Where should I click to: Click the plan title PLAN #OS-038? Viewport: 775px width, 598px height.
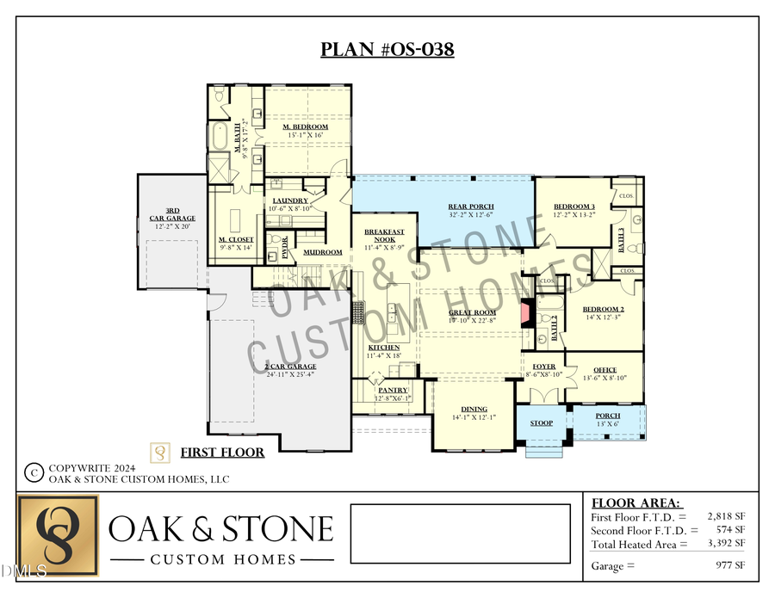(x=387, y=49)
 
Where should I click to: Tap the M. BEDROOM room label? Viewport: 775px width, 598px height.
(x=306, y=127)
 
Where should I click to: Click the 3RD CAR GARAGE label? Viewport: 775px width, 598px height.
(x=172, y=213)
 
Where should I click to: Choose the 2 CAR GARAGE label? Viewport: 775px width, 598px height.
(x=290, y=367)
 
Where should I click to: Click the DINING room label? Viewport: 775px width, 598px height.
(x=474, y=410)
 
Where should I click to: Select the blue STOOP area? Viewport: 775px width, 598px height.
(x=541, y=422)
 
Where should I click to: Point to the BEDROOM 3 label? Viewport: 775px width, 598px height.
(x=574, y=207)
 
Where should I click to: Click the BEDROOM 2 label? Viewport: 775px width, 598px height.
(x=603, y=309)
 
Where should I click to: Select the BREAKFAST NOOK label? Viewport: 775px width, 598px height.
(x=384, y=236)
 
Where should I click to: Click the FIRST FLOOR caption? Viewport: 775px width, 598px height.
(x=222, y=452)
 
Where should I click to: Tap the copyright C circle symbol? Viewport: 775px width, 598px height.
(x=34, y=472)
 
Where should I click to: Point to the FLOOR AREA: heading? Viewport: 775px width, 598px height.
(x=635, y=502)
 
